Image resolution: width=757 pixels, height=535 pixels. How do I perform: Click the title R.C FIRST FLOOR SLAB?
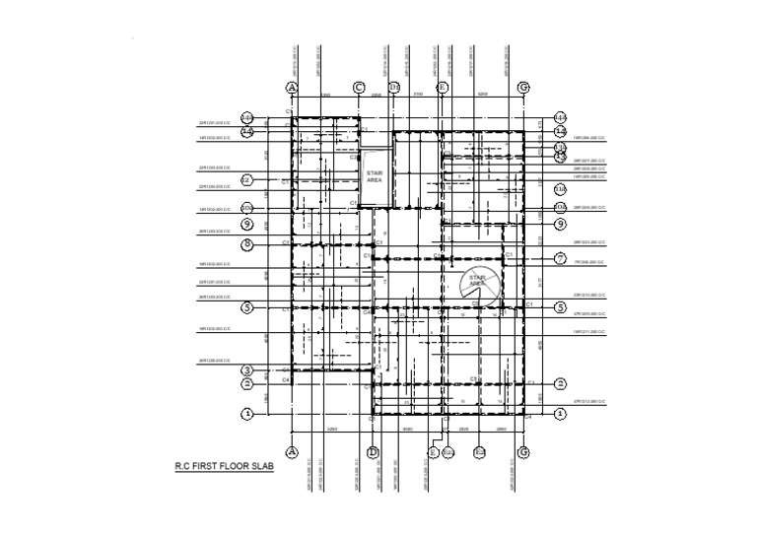224,469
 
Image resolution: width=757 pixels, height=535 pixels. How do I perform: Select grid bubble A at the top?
292,88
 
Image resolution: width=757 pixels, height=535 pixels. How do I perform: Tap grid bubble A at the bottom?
292,451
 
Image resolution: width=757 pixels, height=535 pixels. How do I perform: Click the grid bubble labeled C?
359,88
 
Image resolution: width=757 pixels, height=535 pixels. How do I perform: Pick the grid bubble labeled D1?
394,88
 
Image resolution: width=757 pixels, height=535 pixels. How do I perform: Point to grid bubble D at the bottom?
373,451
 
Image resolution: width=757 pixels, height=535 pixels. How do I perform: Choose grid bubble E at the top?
443,88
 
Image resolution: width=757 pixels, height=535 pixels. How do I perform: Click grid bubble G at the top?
523,88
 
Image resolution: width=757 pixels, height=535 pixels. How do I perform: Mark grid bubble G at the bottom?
523,451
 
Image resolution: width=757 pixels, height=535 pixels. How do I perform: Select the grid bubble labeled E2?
481,451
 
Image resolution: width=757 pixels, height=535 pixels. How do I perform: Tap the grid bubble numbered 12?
247,180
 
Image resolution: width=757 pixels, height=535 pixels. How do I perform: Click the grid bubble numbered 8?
247,243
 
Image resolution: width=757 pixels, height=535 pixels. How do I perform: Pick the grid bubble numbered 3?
247,370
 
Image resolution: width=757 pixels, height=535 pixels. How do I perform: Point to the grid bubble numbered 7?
560,259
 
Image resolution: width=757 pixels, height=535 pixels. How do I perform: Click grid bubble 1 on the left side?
247,414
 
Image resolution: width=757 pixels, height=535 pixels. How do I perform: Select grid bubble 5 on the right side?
560,307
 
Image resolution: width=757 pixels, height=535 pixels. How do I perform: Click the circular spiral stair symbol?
479,285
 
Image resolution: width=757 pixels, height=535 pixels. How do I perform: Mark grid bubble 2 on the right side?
560,383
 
